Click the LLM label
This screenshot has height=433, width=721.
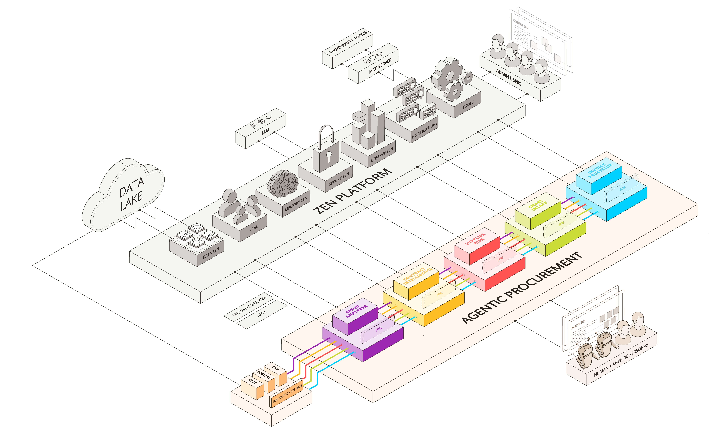[x=265, y=131]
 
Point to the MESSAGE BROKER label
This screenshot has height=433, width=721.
[x=249, y=306]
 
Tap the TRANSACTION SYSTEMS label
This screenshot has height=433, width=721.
[x=287, y=394]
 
